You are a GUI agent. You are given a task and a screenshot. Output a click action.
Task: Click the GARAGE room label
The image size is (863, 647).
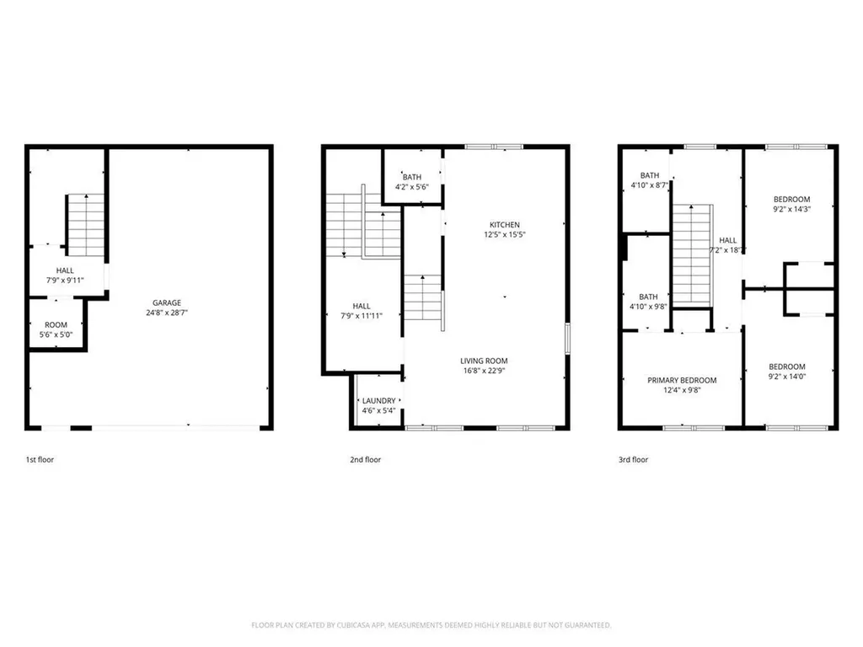point(166,303)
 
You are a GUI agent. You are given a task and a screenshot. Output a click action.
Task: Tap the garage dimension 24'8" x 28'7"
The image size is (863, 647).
point(166,313)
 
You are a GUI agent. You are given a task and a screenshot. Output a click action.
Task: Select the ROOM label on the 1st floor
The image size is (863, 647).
point(56,324)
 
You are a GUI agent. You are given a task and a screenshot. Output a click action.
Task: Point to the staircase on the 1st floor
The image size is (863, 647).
point(85,224)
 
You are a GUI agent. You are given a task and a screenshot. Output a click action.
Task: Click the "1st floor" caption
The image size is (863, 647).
point(40,460)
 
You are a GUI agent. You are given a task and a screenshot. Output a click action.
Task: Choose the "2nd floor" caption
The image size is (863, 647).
point(366,460)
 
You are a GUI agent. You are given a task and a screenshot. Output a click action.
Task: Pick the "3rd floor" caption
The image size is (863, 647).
point(633,460)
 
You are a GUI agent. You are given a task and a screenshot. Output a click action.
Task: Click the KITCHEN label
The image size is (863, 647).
point(505,225)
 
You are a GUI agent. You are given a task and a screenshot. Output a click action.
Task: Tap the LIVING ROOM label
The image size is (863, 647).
point(483,360)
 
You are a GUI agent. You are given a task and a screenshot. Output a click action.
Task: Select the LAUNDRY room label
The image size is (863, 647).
point(378,401)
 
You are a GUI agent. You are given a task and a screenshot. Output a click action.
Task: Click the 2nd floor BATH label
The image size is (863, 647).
point(411,177)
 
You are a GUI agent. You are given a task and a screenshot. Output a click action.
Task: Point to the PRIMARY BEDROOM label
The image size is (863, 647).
point(682,380)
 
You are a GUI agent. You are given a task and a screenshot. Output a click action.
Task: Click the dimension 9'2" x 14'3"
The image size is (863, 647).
point(791,210)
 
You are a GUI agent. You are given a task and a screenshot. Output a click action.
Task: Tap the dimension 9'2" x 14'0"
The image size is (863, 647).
point(786,377)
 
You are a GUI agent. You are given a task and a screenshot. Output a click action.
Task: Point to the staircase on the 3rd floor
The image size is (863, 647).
point(692,253)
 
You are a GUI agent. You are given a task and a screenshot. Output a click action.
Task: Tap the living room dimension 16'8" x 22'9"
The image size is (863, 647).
point(483,370)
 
